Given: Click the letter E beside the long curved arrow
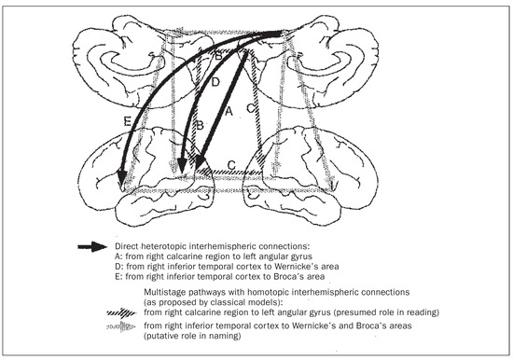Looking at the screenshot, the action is click(128, 122).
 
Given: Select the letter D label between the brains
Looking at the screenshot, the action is click(215, 82).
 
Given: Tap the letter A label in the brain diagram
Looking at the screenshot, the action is click(229, 111).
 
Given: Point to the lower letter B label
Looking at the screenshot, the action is click(200, 125).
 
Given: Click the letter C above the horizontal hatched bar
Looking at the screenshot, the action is click(231, 165).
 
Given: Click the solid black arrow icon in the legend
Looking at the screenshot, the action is click(92, 246).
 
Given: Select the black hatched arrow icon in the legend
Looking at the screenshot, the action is click(121, 312).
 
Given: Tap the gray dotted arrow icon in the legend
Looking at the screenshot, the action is click(121, 326).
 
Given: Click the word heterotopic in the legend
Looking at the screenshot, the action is click(164, 246).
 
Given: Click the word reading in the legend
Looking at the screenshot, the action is click(422, 312).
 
